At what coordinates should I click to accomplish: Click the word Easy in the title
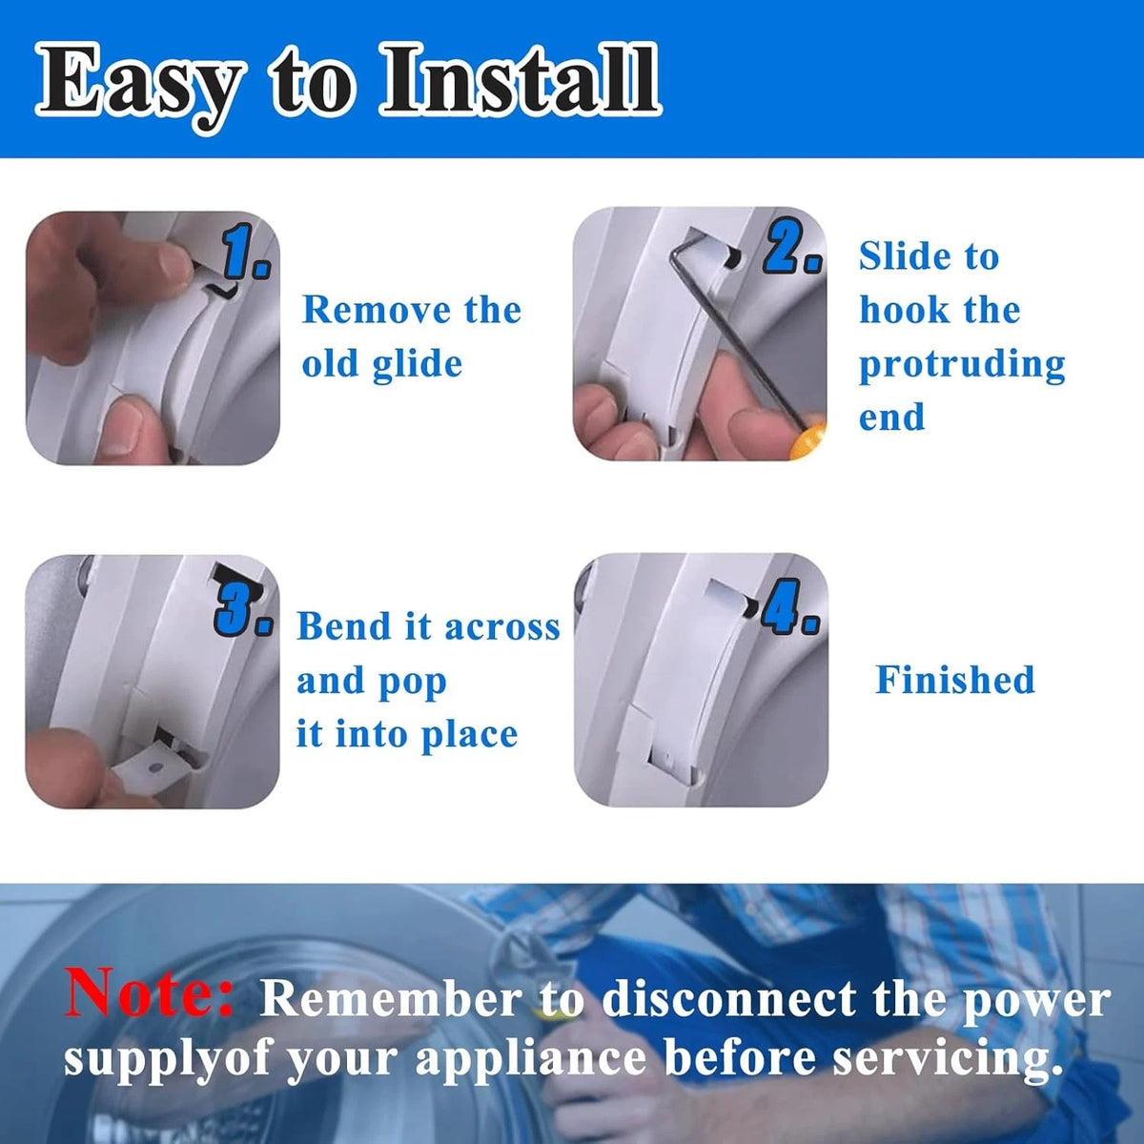pyautogui.click(x=140, y=86)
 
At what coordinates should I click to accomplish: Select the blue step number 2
pyautogui.click(x=792, y=248)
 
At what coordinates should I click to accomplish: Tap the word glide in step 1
pyautogui.click(x=418, y=363)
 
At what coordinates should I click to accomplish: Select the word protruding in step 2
pyautogui.click(x=962, y=364)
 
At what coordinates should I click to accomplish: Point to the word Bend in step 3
pyautogui.click(x=344, y=626)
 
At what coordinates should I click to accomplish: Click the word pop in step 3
pyautogui.click(x=412, y=684)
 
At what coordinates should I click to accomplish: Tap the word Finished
pyautogui.click(x=955, y=679)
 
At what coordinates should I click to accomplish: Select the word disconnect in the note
pyautogui.click(x=729, y=1000)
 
